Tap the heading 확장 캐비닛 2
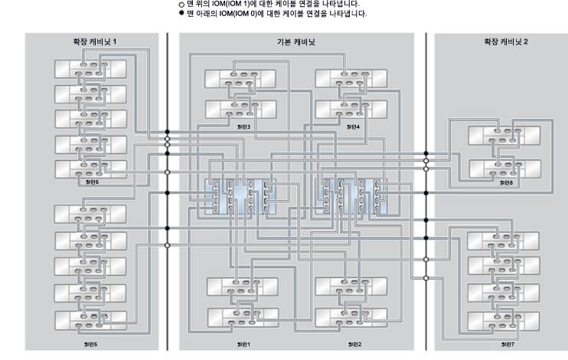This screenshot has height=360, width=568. pyautogui.click(x=501, y=41)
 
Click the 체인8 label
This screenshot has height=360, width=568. pyautogui.click(x=505, y=182)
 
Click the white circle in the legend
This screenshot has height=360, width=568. pyautogui.click(x=181, y=4)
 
